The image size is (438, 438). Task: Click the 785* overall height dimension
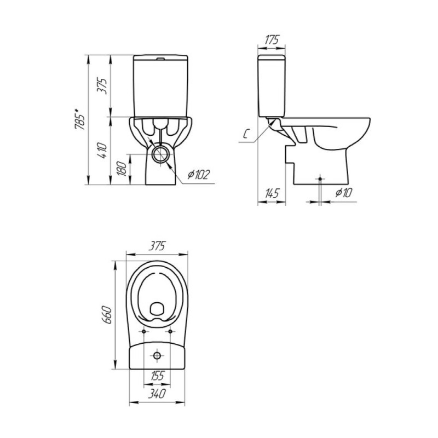pyautogui.click(x=80, y=120)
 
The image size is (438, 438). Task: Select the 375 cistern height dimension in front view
pyautogui.click(x=102, y=86)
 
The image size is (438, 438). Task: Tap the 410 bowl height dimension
pyautogui.click(x=102, y=151)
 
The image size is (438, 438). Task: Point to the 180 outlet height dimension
pyautogui.click(x=122, y=169)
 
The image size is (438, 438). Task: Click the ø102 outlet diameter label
pyautogui.click(x=198, y=175)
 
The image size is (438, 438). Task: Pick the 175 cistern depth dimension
pyautogui.click(x=271, y=39)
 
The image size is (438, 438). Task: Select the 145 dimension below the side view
pyautogui.click(x=272, y=193)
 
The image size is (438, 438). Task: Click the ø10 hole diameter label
pyautogui.click(x=344, y=193)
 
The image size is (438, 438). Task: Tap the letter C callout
pyautogui.click(x=245, y=134)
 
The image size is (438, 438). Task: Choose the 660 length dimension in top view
pyautogui.click(x=107, y=315)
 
